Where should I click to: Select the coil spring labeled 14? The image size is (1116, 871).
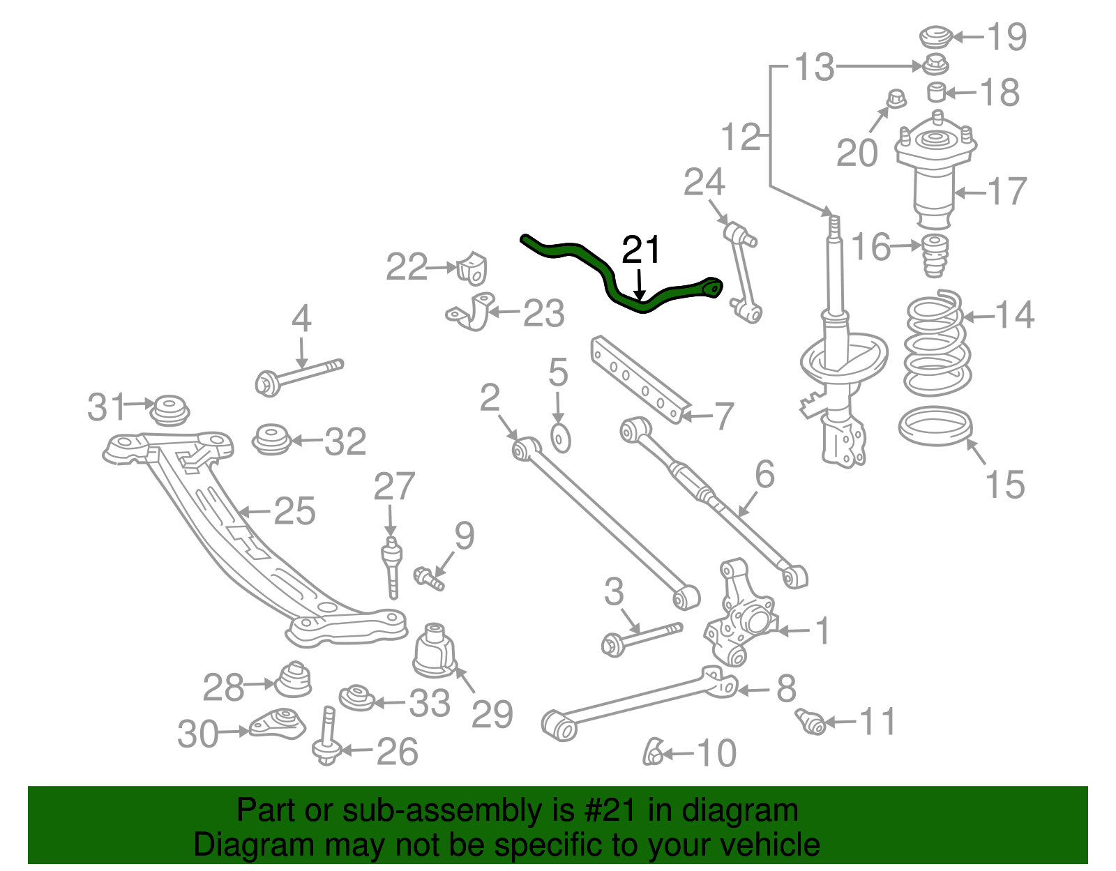937,342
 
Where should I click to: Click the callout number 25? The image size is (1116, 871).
294,511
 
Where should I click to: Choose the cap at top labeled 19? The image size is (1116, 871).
936,36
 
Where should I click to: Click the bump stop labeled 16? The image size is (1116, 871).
935,256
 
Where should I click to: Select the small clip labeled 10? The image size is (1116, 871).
653,752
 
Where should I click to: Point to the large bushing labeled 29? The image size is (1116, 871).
434,651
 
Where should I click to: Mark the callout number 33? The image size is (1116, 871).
429,703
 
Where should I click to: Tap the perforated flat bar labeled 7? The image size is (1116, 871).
638,379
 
